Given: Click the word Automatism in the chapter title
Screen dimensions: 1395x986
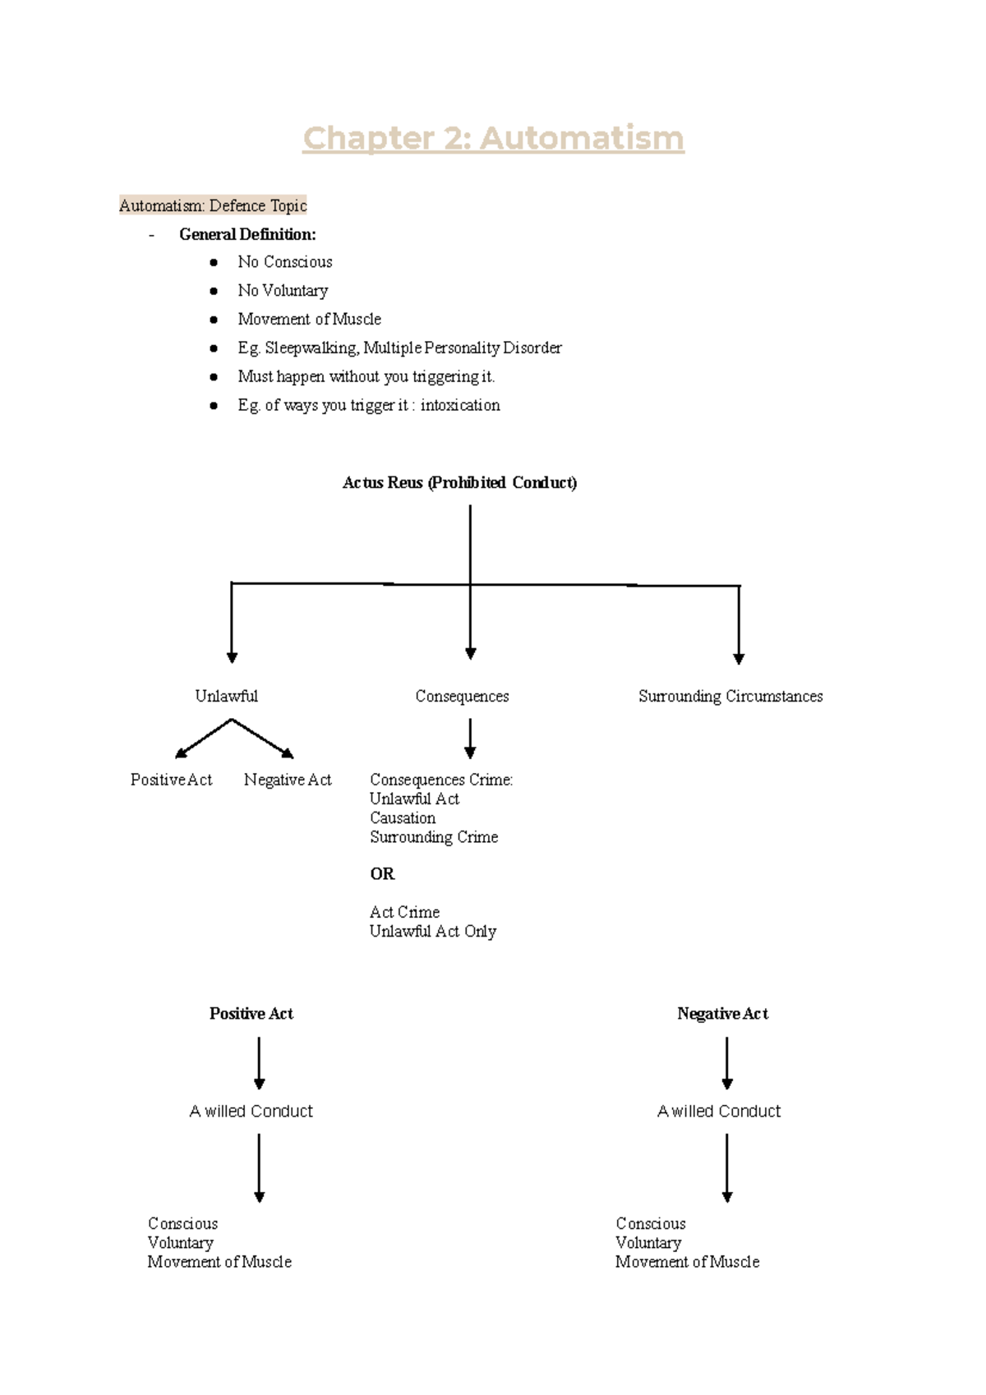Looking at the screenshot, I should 582,138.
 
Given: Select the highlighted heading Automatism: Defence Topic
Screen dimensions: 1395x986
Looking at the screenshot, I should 213,205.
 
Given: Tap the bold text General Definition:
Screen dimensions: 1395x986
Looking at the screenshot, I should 247,234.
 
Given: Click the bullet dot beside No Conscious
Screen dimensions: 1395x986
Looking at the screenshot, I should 214,262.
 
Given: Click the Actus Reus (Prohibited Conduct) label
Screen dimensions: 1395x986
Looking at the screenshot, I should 459,482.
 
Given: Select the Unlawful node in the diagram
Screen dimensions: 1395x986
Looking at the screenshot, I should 226,696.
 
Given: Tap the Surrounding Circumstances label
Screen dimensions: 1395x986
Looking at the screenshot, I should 730,696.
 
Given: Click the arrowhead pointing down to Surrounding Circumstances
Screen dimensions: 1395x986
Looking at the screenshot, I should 739,658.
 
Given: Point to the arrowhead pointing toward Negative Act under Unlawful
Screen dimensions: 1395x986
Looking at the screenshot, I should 288,753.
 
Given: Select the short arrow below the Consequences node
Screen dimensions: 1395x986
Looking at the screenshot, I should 470,738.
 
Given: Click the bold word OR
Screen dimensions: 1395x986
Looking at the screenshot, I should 382,873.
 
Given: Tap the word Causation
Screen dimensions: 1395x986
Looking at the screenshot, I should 403,817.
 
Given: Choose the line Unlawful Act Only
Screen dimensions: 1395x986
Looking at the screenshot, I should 432,931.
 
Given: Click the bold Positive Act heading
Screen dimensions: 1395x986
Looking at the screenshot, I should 251,1013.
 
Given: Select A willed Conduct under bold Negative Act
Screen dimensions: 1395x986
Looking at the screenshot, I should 719,1111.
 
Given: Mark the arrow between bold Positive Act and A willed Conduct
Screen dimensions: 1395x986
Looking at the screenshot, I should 259,1062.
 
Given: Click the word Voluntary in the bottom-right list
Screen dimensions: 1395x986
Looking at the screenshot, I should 648,1242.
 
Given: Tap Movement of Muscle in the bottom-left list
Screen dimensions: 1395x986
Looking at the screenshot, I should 219,1261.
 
